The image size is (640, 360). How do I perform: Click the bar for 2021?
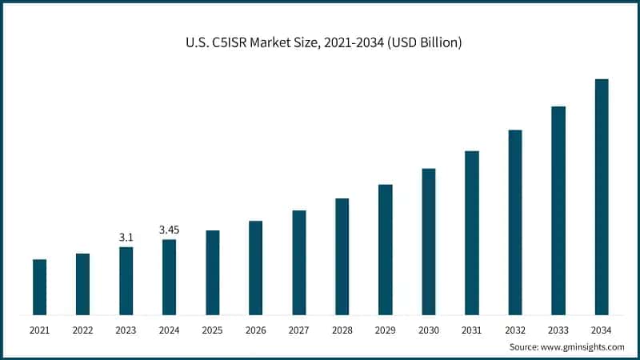39,287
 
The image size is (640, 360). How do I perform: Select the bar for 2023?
126,281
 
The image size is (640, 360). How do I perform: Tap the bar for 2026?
255,268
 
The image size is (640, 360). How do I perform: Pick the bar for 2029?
385,250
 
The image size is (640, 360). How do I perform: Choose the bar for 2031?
472,233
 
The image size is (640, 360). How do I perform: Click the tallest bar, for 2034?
602,197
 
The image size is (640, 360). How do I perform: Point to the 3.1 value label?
126,238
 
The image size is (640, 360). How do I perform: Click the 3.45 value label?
169,230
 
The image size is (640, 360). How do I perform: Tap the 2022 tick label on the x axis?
82,330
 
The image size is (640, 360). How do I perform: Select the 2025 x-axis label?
212,330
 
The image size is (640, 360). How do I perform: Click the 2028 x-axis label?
342,330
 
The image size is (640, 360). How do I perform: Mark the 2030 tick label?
429,330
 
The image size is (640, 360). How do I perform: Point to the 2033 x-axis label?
558,330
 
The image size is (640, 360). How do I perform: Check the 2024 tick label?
169,330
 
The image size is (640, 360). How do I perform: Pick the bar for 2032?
515,222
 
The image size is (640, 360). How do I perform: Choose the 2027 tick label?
298,330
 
